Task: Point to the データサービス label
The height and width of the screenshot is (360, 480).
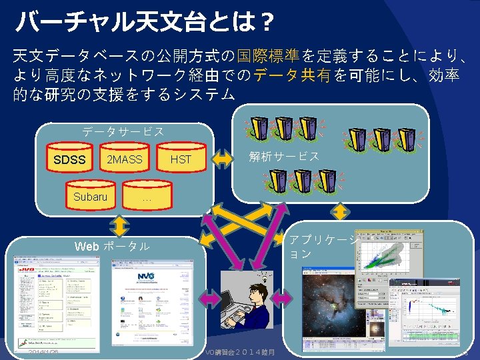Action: (x=123, y=131)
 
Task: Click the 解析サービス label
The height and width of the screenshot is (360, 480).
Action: (x=283, y=157)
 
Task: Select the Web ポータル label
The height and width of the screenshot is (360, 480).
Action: (x=112, y=247)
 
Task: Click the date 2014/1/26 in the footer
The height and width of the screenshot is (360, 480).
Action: (x=44, y=351)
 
